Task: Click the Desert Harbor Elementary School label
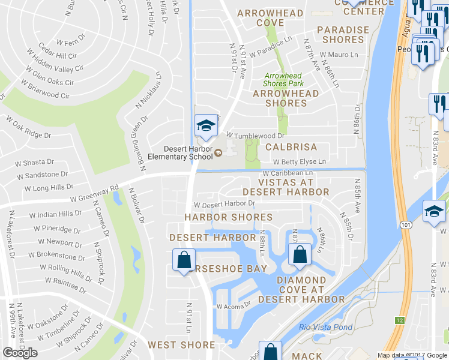coord(188,153)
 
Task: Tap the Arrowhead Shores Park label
coord(283,80)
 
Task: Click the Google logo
coord(20,353)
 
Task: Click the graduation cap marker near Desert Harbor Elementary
coord(206,126)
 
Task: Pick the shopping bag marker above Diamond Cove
coord(300,254)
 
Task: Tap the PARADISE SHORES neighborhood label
coord(343,35)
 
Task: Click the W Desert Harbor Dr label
coord(224,203)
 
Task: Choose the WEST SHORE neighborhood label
coord(181,344)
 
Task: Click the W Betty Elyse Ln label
coord(299,161)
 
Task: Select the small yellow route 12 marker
coord(399,321)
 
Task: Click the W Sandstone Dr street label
coord(42,175)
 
